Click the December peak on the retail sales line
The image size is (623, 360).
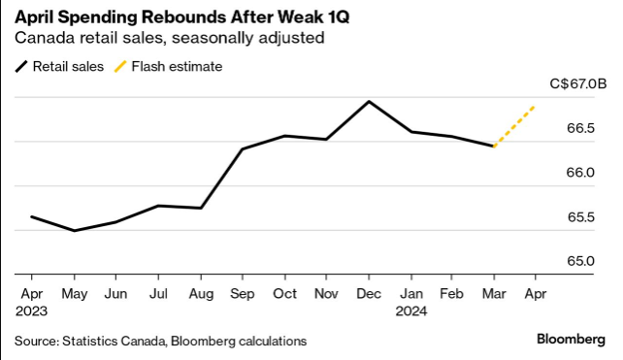[x=369, y=102]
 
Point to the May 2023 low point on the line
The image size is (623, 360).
[x=75, y=231]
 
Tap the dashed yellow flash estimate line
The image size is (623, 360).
[x=514, y=126]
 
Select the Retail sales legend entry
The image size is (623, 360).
[x=59, y=66]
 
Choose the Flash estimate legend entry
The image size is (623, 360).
[x=168, y=66]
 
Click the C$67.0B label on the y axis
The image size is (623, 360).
[x=578, y=83]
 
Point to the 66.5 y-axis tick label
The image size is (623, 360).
[x=580, y=128]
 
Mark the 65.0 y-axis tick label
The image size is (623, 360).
[x=580, y=261]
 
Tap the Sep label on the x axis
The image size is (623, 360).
[x=242, y=294]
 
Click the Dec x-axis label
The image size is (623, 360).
[x=369, y=294]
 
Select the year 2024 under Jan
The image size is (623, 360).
[x=411, y=311]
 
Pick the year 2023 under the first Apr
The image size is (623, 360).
[x=31, y=311]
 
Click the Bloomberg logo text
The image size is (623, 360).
[x=571, y=340]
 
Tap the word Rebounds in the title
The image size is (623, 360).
[x=186, y=17]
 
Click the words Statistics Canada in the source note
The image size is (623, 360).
[x=115, y=341]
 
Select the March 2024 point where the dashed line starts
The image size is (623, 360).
[x=494, y=147]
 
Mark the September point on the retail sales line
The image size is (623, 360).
[x=243, y=149]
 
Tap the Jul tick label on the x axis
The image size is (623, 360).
[x=158, y=294]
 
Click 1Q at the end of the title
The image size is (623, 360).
[x=339, y=17]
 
